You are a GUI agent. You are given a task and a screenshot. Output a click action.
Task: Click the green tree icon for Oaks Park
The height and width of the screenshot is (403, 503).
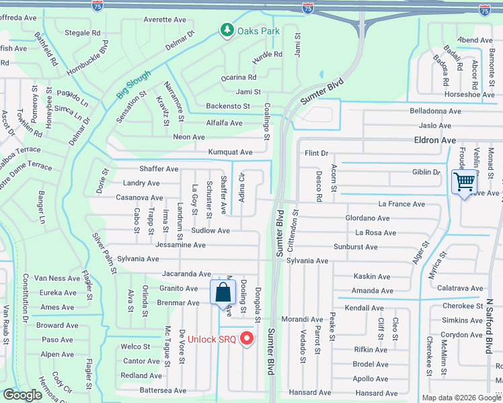(227, 30)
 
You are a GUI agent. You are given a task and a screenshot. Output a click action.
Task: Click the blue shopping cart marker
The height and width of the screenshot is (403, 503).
(464, 182)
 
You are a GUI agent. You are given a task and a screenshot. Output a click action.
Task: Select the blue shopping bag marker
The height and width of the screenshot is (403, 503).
(223, 293)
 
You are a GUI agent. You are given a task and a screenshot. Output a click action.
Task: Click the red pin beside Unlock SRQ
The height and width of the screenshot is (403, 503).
(247, 339)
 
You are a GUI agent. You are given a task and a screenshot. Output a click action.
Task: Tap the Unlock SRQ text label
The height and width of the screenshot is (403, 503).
(211, 339)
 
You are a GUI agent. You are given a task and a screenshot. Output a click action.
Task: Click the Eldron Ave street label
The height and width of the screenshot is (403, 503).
(434, 140)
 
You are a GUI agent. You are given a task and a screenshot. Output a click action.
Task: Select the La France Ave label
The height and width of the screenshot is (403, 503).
(401, 204)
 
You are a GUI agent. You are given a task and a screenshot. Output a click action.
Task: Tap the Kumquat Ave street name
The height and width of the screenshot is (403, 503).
(230, 152)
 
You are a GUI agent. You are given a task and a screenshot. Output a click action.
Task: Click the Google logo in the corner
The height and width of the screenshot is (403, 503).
(22, 396)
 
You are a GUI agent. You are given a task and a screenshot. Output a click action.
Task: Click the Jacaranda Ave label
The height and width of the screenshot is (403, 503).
(186, 274)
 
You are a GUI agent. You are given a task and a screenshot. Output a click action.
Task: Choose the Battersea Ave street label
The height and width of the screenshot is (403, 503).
(163, 390)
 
